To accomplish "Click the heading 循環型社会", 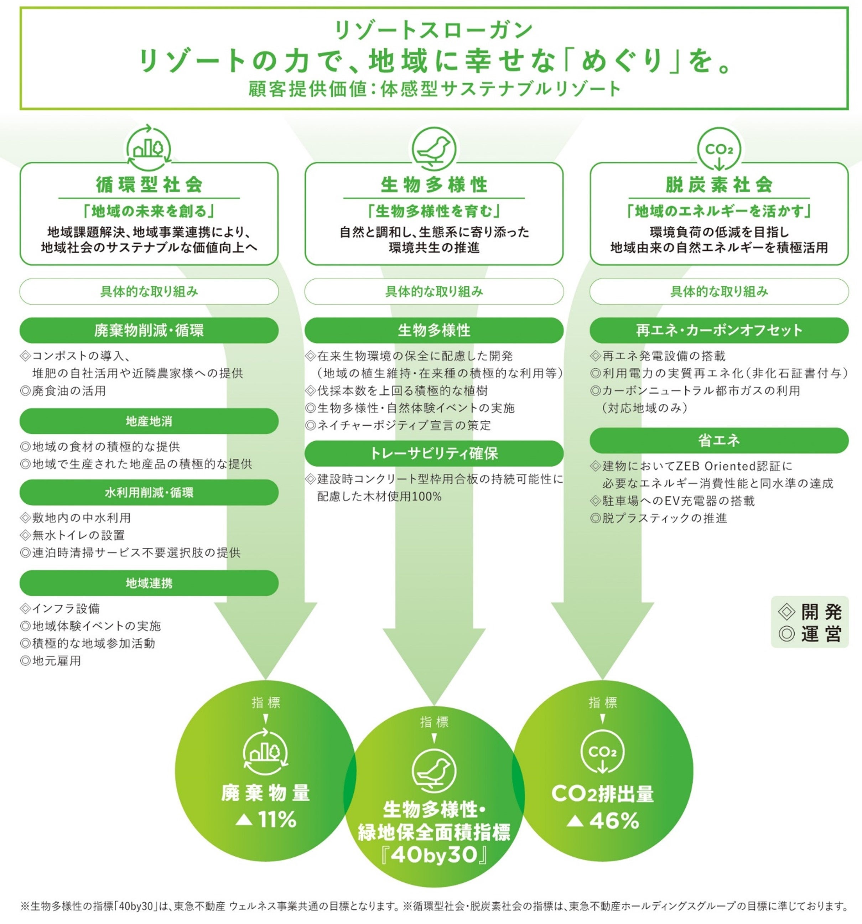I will [149, 185].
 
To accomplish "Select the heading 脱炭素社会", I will [718, 185].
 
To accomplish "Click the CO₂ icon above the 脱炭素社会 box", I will [719, 149].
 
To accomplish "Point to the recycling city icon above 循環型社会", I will [149, 148].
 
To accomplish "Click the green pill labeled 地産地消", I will [149, 421].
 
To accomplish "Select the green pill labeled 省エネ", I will [718, 440].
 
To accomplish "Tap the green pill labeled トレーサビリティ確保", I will [434, 453].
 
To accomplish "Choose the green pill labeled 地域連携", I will [149, 583].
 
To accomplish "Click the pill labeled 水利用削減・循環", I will [149, 492].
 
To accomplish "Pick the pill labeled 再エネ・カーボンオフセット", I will [718, 330].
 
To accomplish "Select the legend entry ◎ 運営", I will [810, 633].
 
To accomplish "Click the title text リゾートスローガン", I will [434, 30].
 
